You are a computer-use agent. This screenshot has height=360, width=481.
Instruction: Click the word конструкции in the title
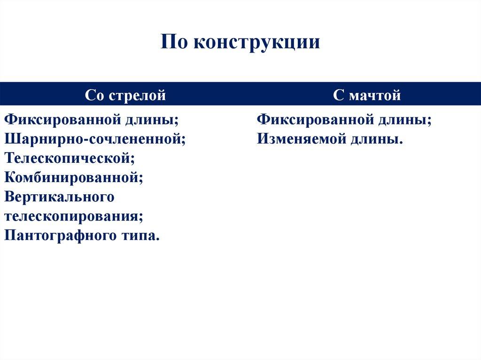tap(256, 42)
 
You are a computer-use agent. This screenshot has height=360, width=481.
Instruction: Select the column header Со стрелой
tap(125, 96)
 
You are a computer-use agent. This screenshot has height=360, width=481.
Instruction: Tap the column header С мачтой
tap(367, 96)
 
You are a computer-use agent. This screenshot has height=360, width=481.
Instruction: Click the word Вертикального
tap(59, 197)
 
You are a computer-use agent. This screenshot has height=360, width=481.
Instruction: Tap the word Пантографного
tap(58, 235)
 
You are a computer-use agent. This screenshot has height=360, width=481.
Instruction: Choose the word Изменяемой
tap(300, 139)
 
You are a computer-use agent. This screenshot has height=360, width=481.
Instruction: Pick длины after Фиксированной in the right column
tap(404, 120)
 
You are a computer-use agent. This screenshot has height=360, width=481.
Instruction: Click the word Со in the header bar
tap(94, 96)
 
